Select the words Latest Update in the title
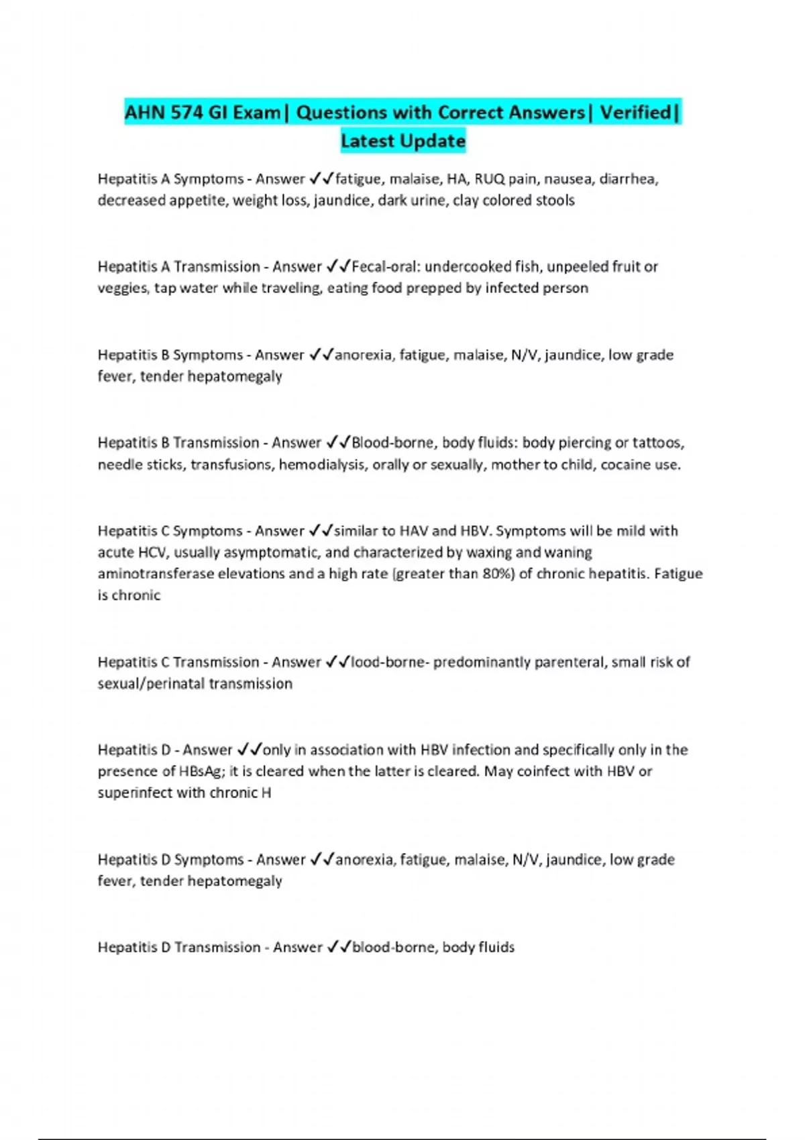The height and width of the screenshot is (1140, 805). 402,141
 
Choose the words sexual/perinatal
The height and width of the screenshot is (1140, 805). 152,683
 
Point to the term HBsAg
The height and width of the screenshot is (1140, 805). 201,771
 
